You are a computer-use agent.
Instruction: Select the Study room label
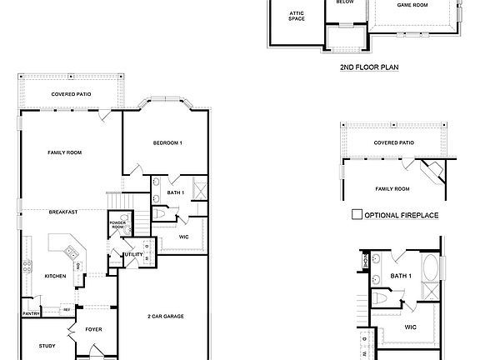click(x=47, y=345)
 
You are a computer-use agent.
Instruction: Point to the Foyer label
click(x=93, y=329)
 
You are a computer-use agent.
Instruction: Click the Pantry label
click(x=31, y=313)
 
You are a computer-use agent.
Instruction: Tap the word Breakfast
click(x=62, y=212)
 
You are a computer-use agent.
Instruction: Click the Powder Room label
click(x=117, y=225)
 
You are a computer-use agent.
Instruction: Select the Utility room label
click(x=132, y=254)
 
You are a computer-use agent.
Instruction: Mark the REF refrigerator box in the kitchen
click(x=67, y=309)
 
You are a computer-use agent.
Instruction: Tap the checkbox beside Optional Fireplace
click(x=357, y=214)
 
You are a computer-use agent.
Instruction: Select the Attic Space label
click(x=297, y=16)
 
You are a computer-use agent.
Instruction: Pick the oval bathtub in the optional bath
click(x=431, y=269)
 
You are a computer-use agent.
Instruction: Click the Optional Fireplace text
click(x=402, y=215)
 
